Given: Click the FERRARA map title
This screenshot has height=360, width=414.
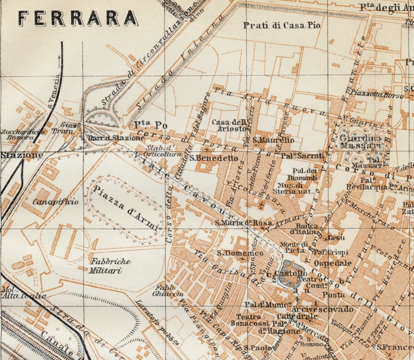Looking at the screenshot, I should (x=79, y=18).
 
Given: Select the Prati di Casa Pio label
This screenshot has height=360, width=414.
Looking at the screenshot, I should (x=282, y=26).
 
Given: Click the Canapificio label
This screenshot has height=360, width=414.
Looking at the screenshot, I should (x=55, y=201).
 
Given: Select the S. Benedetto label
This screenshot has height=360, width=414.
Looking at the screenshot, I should (x=214, y=158).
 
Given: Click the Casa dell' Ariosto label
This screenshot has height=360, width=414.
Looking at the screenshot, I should (x=229, y=125).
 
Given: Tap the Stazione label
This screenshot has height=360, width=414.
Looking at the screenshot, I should (x=21, y=155).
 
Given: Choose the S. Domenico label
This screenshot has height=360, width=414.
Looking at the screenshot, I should (x=240, y=253).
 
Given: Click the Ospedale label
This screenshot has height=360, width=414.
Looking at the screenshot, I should (x=333, y=263).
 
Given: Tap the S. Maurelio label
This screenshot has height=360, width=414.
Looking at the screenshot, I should (x=273, y=140).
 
